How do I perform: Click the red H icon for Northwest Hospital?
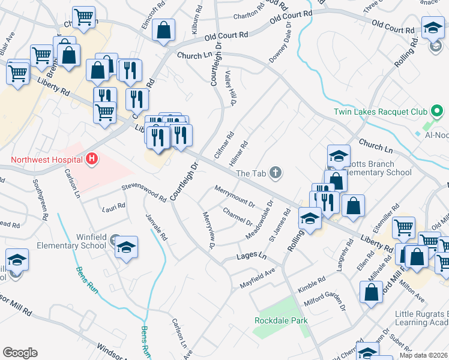[92, 159]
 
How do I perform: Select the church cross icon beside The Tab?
[276, 173]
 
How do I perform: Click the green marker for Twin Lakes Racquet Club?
[437, 112]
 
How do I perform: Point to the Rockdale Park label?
[281, 320]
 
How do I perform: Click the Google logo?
[20, 353]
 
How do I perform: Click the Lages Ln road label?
[251, 256]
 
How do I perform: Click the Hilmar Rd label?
[238, 154]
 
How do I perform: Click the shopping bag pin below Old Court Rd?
[163, 31]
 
